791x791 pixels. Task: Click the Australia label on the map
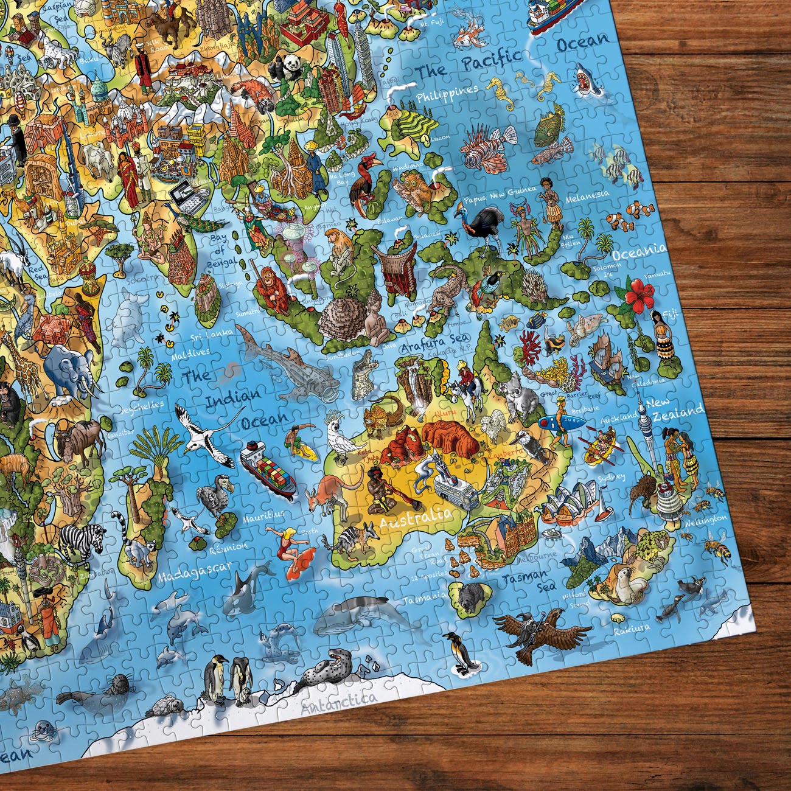point(416,518)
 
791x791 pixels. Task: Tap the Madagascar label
point(195,572)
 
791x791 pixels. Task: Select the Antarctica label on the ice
point(339,703)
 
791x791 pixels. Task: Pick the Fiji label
point(669,315)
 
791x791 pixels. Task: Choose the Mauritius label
point(263,518)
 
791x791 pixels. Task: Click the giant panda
point(284,66)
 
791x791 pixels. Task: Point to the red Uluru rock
point(450,436)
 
